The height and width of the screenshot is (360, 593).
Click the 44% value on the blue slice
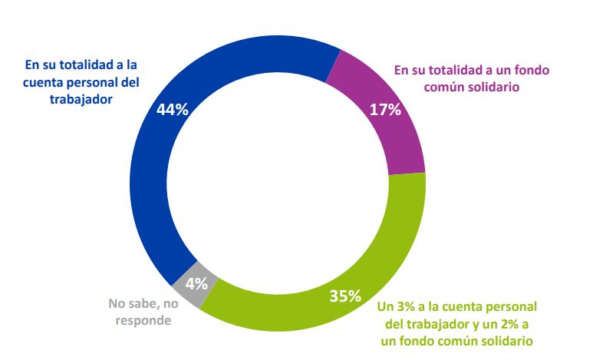[173, 109]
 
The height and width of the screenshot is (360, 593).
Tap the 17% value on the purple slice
[385, 109]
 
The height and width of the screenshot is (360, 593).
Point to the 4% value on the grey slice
[196, 282]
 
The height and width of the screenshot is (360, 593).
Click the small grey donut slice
[189, 289]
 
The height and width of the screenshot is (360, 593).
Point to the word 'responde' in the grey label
[143, 320]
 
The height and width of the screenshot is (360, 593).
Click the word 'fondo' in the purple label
[532, 70]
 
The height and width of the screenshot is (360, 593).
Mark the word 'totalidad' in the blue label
[84, 64]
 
